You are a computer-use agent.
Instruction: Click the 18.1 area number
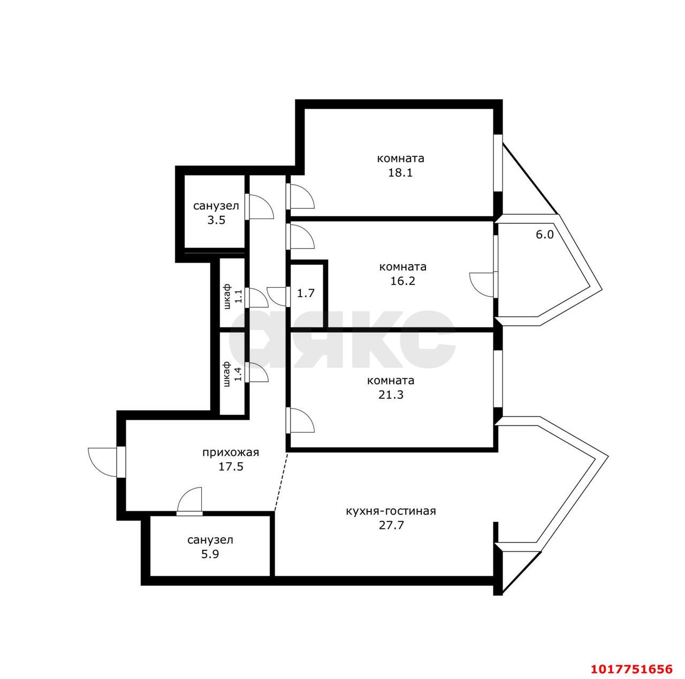click(x=400, y=172)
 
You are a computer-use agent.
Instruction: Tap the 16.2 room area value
click(x=403, y=281)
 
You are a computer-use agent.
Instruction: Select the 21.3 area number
click(x=391, y=395)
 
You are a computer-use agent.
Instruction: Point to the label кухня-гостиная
click(x=391, y=511)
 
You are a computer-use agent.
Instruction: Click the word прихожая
click(x=231, y=453)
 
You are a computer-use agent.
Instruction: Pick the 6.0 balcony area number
click(x=545, y=235)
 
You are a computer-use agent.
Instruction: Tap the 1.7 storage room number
click(x=306, y=293)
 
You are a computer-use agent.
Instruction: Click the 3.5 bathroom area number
click(x=217, y=220)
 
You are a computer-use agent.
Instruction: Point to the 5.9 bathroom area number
click(x=210, y=554)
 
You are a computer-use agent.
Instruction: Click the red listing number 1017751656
click(x=631, y=669)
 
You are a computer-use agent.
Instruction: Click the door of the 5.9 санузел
click(x=189, y=501)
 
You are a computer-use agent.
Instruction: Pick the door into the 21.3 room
click(x=301, y=420)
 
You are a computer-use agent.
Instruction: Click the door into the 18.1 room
click(x=301, y=196)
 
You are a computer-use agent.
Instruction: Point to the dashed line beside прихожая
click(x=280, y=482)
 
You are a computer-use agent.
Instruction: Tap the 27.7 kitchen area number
click(x=391, y=525)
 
